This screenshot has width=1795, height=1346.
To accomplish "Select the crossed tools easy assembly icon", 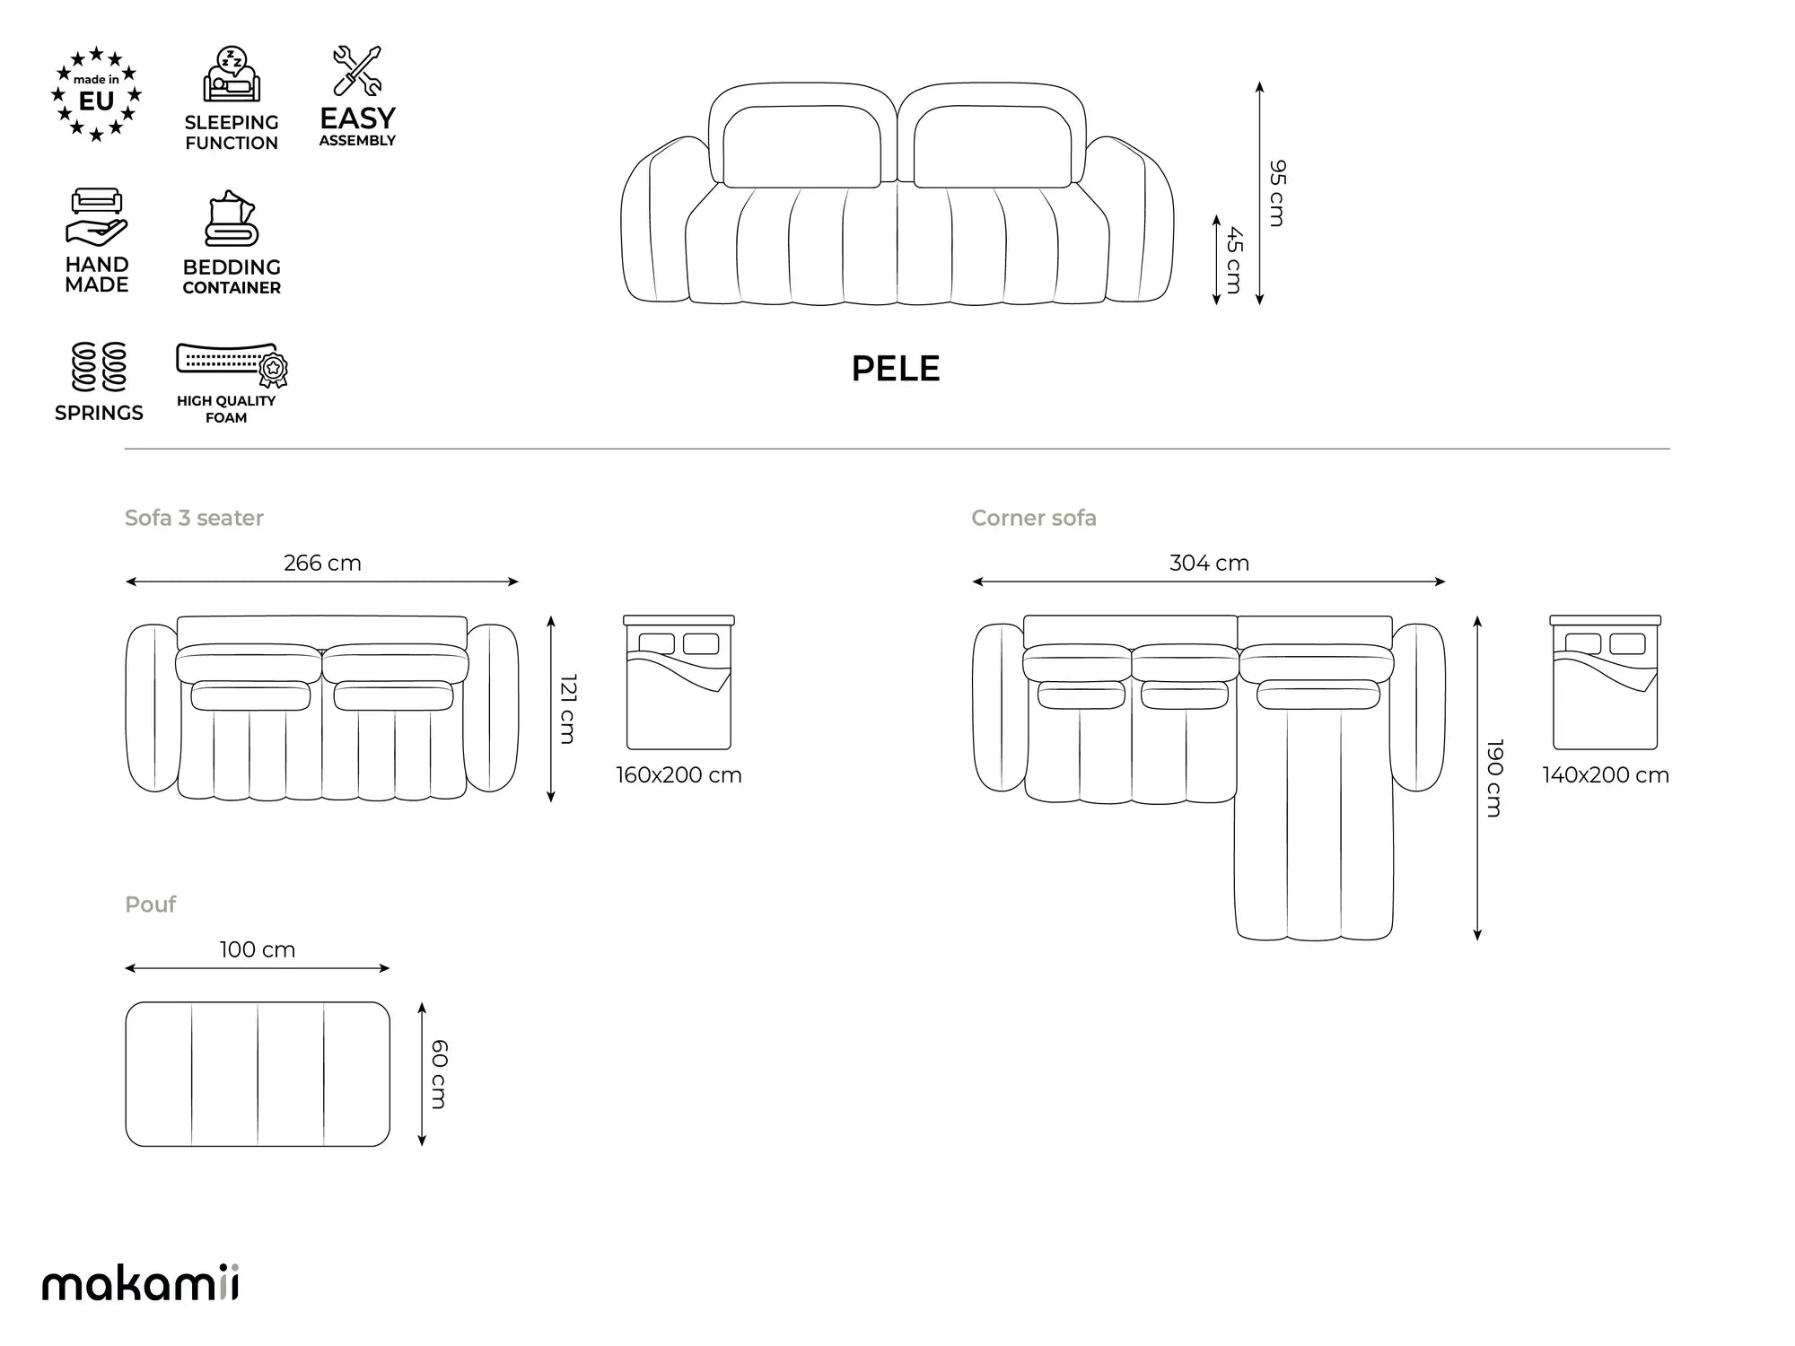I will (x=357, y=70).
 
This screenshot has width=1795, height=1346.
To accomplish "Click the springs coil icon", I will (x=99, y=367).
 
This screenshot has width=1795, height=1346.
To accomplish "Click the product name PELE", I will (x=895, y=369).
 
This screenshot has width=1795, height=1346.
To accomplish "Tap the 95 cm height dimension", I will (x=1277, y=193).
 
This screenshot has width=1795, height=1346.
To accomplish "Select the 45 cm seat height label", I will (x=1234, y=260).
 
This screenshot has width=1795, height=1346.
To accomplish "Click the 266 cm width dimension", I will (x=322, y=564).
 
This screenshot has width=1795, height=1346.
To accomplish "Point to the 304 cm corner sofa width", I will (x=1209, y=564).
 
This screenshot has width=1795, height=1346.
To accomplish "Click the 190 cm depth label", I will (x=1494, y=778).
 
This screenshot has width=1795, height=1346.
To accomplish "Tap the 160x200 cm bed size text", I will (x=679, y=775).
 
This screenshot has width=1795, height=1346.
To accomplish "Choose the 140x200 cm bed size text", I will (x=1606, y=775).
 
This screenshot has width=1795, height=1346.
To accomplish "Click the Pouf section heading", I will (x=151, y=905).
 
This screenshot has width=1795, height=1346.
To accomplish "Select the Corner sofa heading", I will (x=1034, y=519).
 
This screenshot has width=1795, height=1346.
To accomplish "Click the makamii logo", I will (x=141, y=1283).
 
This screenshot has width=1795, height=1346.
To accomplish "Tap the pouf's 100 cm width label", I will (x=258, y=949).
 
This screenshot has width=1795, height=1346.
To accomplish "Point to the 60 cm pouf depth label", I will (x=439, y=1074).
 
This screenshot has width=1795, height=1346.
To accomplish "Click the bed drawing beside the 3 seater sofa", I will (x=679, y=683).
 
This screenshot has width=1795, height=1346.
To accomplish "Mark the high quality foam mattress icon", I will (x=232, y=365).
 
